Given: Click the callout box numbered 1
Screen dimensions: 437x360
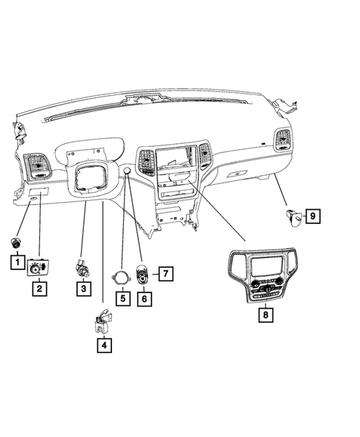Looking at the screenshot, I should click(15, 261).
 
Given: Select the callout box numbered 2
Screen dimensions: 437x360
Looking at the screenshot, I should click(38, 288).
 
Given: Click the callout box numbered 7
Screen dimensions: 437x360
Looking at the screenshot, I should click(166, 274).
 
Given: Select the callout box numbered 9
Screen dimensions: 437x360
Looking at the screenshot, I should click(313, 216).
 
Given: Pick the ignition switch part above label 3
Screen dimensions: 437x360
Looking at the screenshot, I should click(82, 268).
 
